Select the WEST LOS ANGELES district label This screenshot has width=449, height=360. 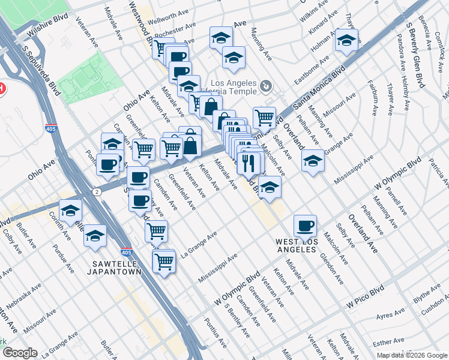[x=295, y=245]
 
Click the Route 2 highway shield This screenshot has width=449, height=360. [x=97, y=190]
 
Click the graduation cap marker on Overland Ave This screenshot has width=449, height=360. [x=312, y=161]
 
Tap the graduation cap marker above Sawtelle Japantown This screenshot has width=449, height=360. [x=95, y=236]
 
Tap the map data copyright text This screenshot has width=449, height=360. [x=412, y=355]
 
